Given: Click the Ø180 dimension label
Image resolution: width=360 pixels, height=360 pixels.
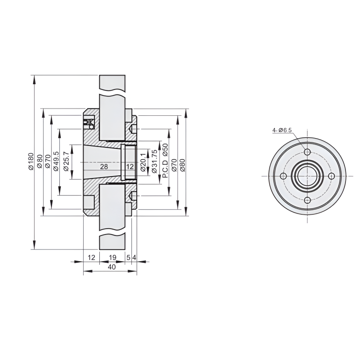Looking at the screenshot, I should (30, 161).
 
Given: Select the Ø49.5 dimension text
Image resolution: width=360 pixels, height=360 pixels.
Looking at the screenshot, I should (56, 161).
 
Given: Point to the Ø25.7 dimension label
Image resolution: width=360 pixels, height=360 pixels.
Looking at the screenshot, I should (67, 161).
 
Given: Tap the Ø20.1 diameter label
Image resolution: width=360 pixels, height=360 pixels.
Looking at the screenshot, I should (143, 162).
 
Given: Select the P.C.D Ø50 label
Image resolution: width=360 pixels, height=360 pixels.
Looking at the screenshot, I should (165, 161).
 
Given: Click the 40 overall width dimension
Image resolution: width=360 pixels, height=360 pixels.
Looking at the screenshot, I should (111, 267).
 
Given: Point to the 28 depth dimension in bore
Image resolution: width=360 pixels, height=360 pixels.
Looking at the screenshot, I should (104, 166).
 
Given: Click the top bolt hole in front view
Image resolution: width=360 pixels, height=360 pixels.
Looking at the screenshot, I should (307, 152).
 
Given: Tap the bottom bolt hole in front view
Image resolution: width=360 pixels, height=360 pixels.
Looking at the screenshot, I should (307, 200).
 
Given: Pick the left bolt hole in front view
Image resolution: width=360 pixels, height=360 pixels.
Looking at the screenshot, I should (284, 176).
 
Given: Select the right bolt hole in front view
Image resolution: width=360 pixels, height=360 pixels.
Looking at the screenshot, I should (331, 176).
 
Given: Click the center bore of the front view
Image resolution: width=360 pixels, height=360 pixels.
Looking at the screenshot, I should (307, 176).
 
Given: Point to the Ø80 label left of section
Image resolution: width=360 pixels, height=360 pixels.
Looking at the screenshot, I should (39, 161).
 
